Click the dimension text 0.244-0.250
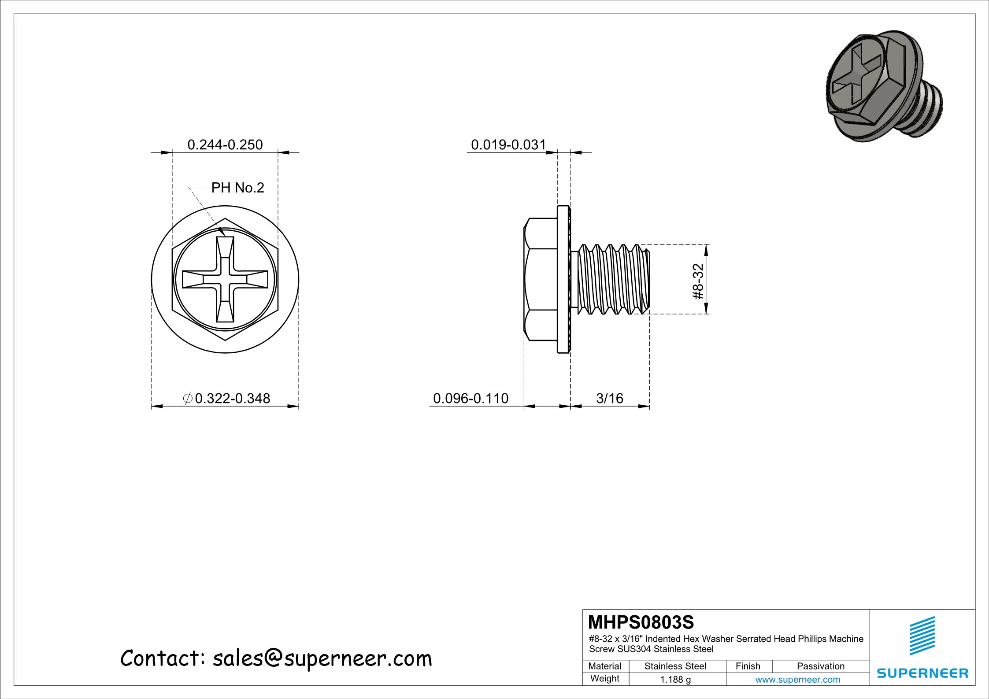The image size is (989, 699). click(225, 144)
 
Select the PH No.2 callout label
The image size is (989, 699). click(237, 188)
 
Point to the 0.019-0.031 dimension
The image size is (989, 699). click(508, 144)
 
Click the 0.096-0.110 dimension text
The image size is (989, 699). click(470, 398)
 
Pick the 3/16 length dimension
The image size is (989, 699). click(610, 398)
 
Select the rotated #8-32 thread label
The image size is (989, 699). click(698, 281)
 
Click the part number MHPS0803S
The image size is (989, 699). click(641, 622)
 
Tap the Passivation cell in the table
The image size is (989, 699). click(820, 666)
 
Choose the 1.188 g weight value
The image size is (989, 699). click(675, 680)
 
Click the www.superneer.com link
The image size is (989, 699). click(797, 680)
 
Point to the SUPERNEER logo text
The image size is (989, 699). click(922, 673)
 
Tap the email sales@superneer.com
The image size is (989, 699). click(322, 658)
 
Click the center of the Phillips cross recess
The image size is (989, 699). click(225, 280)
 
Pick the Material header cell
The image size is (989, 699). click(604, 666)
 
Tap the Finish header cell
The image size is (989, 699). click(748, 666)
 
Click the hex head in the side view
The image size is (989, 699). click(541, 280)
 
